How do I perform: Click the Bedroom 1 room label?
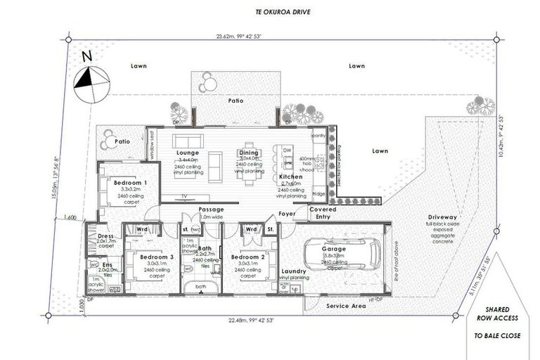127,182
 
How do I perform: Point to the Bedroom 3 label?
151,257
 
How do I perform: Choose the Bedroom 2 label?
247,257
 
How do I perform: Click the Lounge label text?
188,153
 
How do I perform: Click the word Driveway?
442,217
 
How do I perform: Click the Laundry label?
293,271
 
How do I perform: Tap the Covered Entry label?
323,213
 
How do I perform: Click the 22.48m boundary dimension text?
250,320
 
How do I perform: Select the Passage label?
211,209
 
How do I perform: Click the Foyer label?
287,214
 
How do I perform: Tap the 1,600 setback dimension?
69,217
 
